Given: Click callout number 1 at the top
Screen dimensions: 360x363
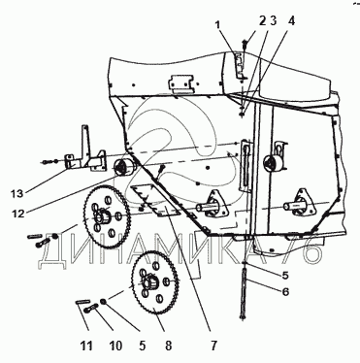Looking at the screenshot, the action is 218,24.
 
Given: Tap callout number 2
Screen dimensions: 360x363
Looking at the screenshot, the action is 262,21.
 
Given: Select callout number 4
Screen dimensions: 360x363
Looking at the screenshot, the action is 292,21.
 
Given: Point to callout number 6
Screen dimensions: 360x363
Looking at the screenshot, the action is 285,292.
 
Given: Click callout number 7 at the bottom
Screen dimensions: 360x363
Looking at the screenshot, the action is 213,346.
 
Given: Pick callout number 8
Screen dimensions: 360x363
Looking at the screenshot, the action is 168,346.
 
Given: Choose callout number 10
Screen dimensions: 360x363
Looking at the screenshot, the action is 115,346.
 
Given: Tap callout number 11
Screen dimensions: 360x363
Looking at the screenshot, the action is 86,346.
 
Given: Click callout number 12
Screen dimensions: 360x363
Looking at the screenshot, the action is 18,214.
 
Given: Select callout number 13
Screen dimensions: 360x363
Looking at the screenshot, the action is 16,193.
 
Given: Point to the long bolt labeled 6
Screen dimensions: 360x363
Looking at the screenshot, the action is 245,291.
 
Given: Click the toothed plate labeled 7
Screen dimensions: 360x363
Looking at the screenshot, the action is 154,201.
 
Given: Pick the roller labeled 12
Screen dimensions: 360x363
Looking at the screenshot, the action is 125,168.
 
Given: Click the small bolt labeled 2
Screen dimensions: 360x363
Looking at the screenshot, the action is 245,43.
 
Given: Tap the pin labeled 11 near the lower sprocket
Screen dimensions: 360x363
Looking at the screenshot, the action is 83,302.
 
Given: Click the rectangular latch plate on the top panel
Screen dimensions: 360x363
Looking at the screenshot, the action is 180,83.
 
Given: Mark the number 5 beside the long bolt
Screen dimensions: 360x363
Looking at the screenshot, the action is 285,275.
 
